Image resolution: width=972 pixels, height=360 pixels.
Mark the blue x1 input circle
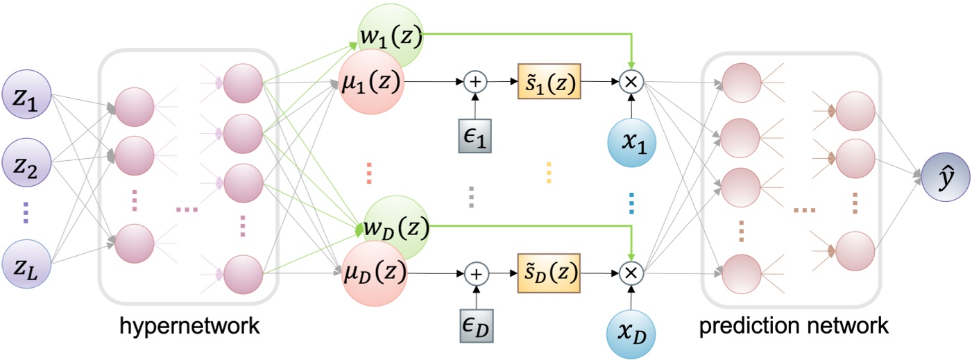[x=632, y=137]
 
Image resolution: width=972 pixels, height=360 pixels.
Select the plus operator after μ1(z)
[x=476, y=82]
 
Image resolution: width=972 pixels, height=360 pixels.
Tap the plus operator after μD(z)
[x=476, y=273]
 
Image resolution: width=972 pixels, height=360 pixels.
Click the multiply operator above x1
[x=632, y=82]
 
